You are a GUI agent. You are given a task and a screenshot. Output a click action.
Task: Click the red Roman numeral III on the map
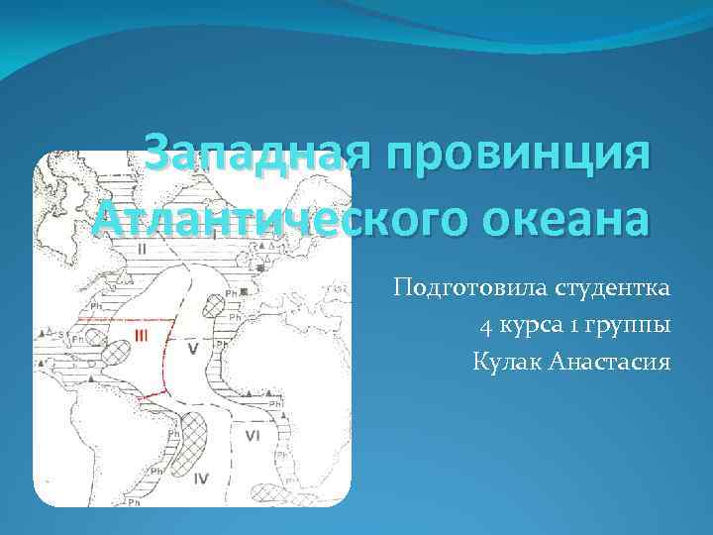point(143,338)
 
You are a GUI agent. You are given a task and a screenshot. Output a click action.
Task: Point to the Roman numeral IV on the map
point(201,479)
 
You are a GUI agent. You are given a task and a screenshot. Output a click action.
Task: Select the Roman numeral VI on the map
point(253,435)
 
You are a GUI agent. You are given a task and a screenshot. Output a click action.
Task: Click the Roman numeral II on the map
point(142,250)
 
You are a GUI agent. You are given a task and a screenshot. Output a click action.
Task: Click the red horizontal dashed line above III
point(145,320)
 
